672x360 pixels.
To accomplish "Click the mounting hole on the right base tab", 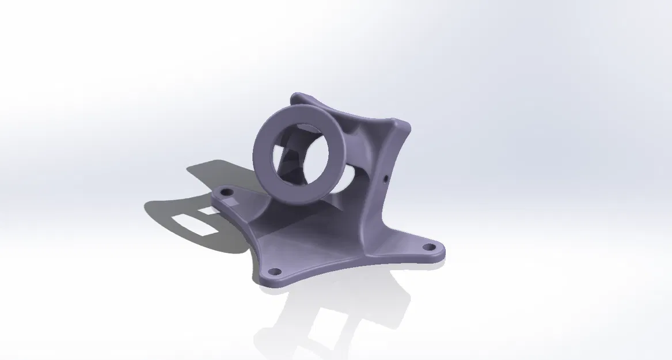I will tap(428, 248).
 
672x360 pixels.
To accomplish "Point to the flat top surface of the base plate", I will tap(311, 242).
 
